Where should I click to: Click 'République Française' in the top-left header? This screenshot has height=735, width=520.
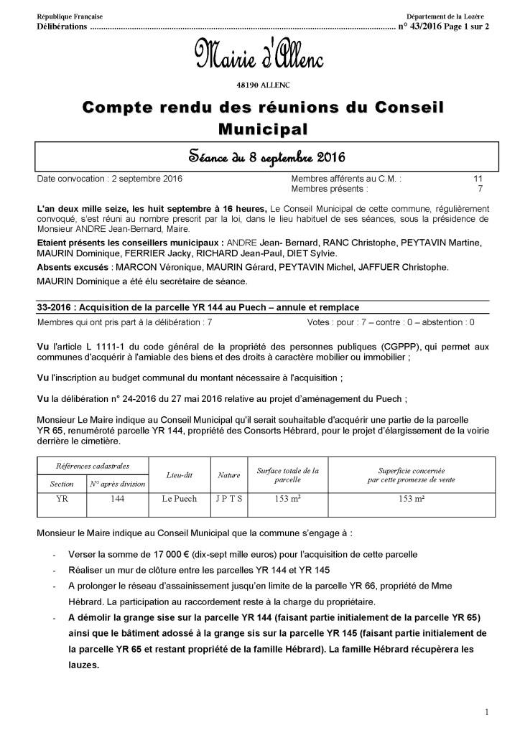pyautogui.click(x=70, y=16)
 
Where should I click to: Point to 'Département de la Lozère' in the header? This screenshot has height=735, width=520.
pyautogui.click(x=445, y=16)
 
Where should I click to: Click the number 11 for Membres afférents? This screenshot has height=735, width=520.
pyautogui.click(x=478, y=178)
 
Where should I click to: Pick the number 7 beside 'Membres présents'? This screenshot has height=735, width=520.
pyautogui.click(x=480, y=189)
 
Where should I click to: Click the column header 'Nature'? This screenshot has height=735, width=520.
pyautogui.click(x=229, y=475)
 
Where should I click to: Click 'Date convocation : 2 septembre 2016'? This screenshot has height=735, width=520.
pyautogui.click(x=109, y=178)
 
